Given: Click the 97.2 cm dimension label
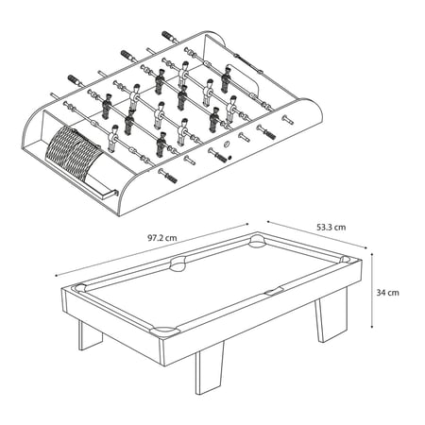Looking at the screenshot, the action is (x=162, y=238).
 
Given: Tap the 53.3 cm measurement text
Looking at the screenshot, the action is (x=331, y=227).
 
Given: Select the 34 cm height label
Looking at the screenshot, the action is (x=387, y=293).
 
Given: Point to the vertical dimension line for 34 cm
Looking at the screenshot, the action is (x=372, y=290).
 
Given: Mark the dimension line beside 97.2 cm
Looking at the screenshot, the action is (x=152, y=250).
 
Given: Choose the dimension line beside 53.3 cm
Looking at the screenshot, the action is (x=317, y=234).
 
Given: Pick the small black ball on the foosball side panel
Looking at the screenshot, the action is (x=229, y=157).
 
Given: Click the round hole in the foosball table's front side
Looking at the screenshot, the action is (x=227, y=144).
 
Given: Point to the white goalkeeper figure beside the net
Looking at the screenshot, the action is (x=112, y=139).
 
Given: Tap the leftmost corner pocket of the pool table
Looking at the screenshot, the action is (x=79, y=288).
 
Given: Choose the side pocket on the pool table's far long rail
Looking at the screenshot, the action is (x=178, y=263).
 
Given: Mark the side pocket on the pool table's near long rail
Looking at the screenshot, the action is (x=275, y=292).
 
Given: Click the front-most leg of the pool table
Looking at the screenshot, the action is (x=209, y=367).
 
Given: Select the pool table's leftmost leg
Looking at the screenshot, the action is (x=90, y=335).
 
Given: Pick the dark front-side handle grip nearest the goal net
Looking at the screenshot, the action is (x=168, y=176).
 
